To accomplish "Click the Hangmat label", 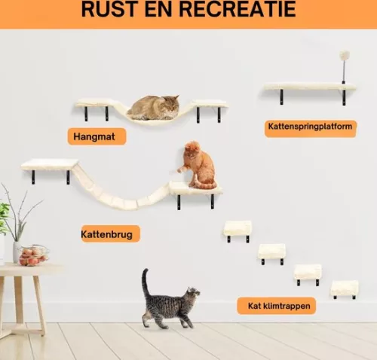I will tap(96, 136).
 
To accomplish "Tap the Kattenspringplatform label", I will tap(310, 127).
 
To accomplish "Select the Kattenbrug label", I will tap(110, 234).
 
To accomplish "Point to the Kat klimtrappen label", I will tap(276, 306).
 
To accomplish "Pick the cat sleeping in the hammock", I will tap(155, 108).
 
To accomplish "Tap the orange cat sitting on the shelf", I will tap(199, 165).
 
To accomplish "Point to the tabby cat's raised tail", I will tap(144, 282).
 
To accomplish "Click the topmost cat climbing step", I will tap(238, 227).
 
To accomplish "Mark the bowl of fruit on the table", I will tap(32, 256).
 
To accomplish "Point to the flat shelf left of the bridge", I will tap(50, 164).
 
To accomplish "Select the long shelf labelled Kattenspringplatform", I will tap(309, 87).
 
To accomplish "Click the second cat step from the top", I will tap(271, 251).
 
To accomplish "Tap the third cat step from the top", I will tap(308, 271).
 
